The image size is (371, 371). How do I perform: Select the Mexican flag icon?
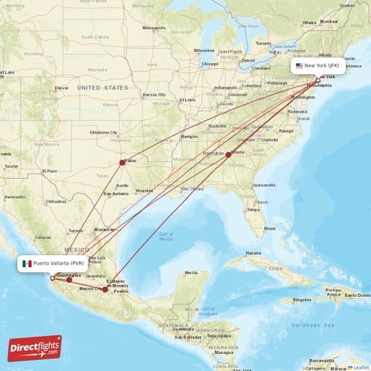(x=27, y=263)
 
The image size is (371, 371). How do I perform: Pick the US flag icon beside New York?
(x=299, y=65)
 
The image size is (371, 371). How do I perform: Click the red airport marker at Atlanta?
(x=228, y=154)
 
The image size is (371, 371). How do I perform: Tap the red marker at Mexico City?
(x=105, y=289)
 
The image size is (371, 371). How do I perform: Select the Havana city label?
(x=255, y=253)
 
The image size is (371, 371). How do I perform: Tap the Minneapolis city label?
(x=155, y=28)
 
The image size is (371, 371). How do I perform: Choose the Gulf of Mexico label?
(x=165, y=237)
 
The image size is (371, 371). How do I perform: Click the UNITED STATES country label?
(x=103, y=87)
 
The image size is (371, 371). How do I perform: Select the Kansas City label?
(x=155, y=95)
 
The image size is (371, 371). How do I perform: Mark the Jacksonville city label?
(x=263, y=185)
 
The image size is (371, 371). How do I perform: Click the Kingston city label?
(x=302, y=300)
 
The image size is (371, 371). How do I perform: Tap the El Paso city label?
(x=50, y=171)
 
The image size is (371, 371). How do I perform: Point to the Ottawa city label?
(x=309, y=22)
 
